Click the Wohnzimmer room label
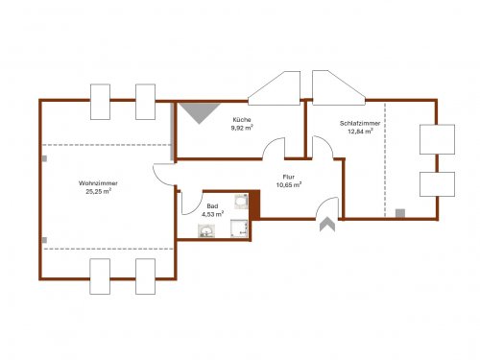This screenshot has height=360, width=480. tap(98, 183)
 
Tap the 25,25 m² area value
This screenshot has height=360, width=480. tap(98, 191)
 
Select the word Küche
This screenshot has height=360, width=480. tap(242, 120)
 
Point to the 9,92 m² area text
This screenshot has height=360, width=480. tap(242, 128)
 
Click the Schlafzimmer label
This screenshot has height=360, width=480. tap(360, 123)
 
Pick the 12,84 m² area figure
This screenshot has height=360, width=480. tap(360, 132)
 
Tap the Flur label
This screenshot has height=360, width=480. tap(289, 177)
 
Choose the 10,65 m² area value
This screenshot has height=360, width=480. tap(289, 184)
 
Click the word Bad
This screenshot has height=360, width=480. tap(212, 206)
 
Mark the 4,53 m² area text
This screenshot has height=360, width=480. tap(212, 214)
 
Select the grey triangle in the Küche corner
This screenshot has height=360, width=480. tap(199, 112)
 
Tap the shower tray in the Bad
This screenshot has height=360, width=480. tap(239, 228)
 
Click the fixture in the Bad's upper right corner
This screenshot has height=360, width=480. tap(241, 202)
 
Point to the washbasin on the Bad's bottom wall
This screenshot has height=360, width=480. tap(206, 231)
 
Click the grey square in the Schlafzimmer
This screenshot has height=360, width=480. tap(400, 213)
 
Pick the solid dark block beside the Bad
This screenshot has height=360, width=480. tap(254, 204)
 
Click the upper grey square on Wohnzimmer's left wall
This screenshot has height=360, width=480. tap(44, 158)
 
